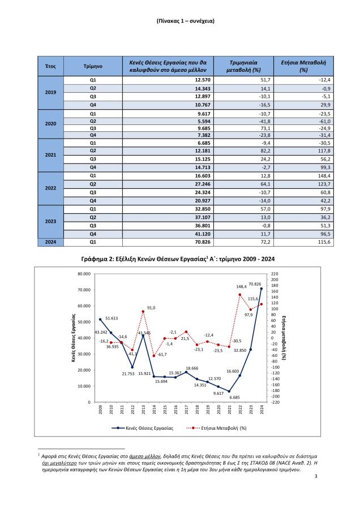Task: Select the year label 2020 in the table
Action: [x=50, y=123]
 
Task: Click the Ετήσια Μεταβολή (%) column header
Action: [x=303, y=66]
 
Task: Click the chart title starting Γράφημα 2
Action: [x=179, y=258]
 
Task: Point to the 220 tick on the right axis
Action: [x=276, y=274]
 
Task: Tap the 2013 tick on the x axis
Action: [x=143, y=410]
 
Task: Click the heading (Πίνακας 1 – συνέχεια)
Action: [x=179, y=21]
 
